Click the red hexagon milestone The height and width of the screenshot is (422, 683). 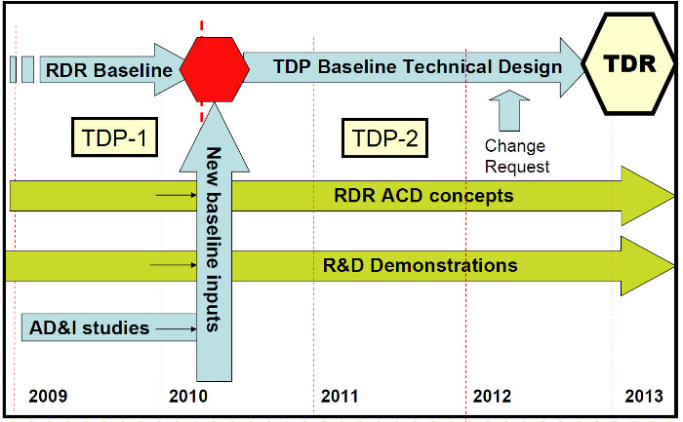tap(215, 69)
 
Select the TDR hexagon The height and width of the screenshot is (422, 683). tap(629, 64)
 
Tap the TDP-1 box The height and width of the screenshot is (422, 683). tap(114, 137)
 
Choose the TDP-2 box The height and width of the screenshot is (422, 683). tap(385, 138)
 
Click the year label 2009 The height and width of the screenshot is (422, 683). tap(48, 397)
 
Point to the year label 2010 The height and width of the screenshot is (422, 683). tap(188, 397)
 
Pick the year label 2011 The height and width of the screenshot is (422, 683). tap(340, 397)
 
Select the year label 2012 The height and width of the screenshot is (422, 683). tap(492, 397)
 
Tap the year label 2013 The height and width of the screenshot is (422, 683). tap(644, 397)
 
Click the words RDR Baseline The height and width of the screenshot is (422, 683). tap(109, 70)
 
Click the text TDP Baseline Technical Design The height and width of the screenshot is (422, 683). tap(418, 67)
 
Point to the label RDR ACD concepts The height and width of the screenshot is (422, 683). tap(423, 196)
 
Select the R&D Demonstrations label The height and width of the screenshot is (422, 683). tap(420, 265)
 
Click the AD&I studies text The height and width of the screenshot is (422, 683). tap(90, 327)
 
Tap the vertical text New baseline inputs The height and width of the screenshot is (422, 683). tap(214, 240)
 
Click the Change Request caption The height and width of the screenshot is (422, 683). tap(517, 156)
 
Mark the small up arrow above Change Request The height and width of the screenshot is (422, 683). tap(509, 110)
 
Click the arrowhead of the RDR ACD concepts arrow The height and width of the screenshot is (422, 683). tap(648, 196)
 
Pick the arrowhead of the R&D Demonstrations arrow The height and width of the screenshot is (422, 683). tap(648, 266)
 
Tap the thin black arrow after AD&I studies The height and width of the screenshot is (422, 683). tap(177, 328)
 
